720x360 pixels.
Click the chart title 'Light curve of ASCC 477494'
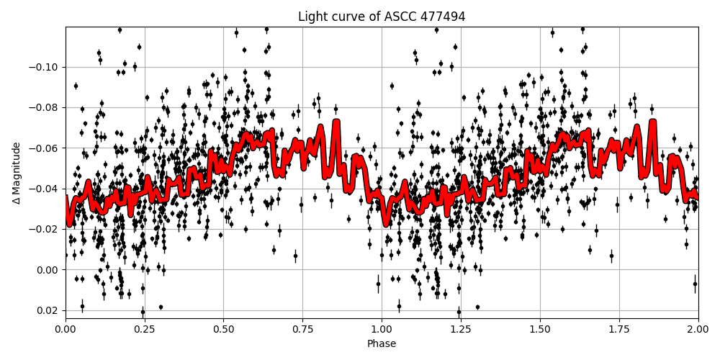coord(382,17)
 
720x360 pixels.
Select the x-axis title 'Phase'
coord(382,344)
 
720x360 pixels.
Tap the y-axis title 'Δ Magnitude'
coord(17,173)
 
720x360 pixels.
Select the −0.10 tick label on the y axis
coord(45,68)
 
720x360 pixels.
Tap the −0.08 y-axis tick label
coord(45,108)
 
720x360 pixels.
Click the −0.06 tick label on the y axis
coord(45,148)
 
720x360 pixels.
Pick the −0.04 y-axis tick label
coord(45,189)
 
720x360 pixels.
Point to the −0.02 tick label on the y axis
coord(45,230)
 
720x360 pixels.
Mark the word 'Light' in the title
coord(312,17)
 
